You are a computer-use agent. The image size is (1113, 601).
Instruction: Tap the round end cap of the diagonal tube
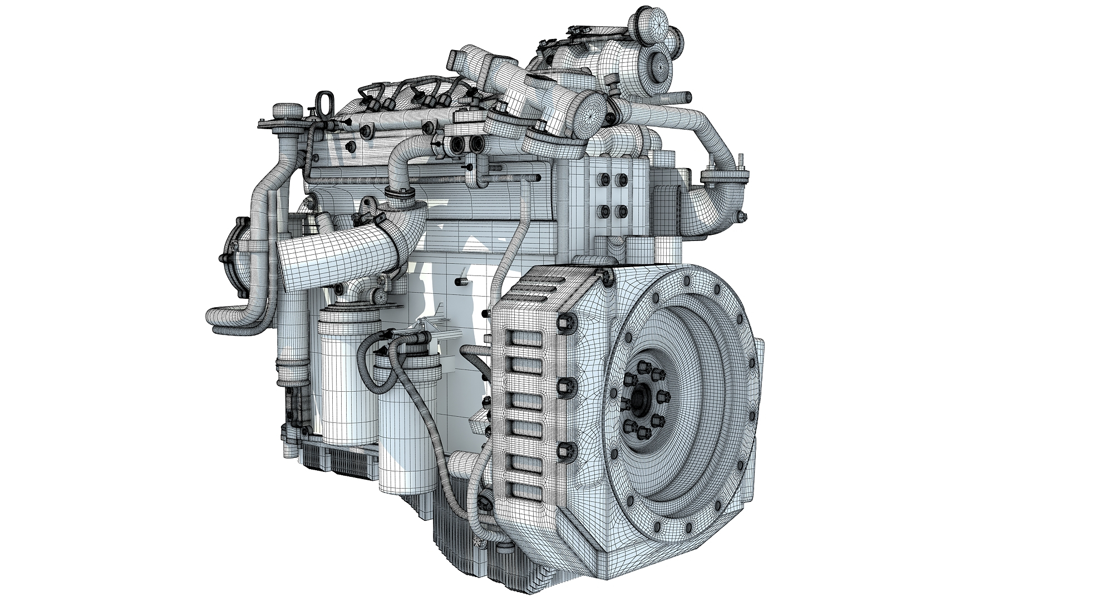[589, 111]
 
